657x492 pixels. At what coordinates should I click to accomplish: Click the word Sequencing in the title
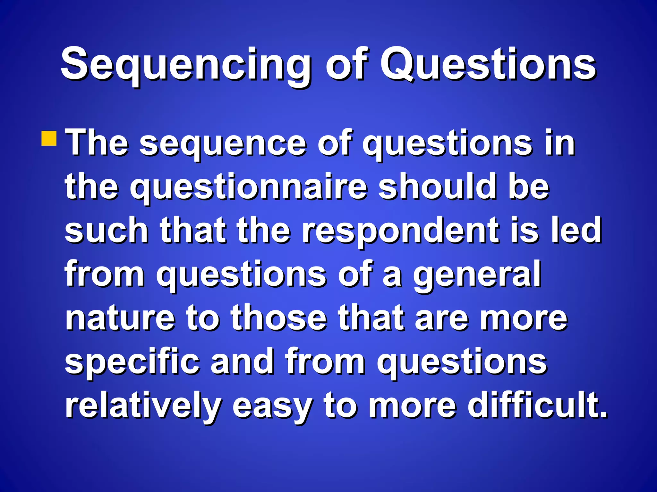coord(185,66)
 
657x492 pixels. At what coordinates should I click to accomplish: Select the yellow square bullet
coord(49,138)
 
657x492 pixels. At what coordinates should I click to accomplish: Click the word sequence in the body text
coord(223,144)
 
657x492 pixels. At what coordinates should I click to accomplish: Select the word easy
coord(272,407)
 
